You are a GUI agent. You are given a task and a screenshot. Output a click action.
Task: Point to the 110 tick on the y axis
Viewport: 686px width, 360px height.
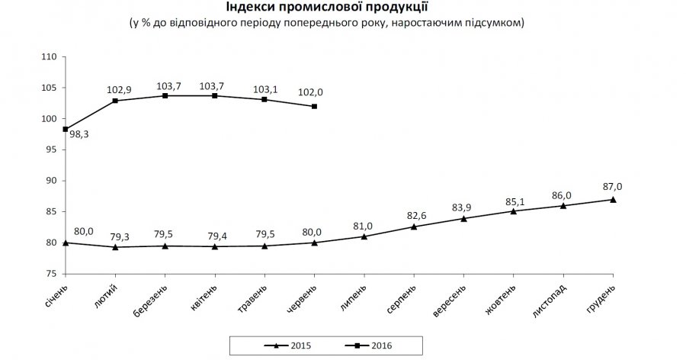[x=50, y=57]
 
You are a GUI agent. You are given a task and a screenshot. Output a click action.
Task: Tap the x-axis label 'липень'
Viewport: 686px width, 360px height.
[x=354, y=297]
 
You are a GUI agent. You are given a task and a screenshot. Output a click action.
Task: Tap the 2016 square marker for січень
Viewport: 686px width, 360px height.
[x=66, y=129]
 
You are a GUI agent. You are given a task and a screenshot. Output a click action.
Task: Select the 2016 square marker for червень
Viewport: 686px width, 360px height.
[x=314, y=106]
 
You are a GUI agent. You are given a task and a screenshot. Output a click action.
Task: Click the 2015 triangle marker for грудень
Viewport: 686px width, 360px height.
[x=613, y=199]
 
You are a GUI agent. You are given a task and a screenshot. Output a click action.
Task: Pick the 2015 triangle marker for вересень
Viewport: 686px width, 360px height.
[x=463, y=218]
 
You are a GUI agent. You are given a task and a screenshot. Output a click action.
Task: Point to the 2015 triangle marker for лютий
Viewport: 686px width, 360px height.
[x=115, y=247]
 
